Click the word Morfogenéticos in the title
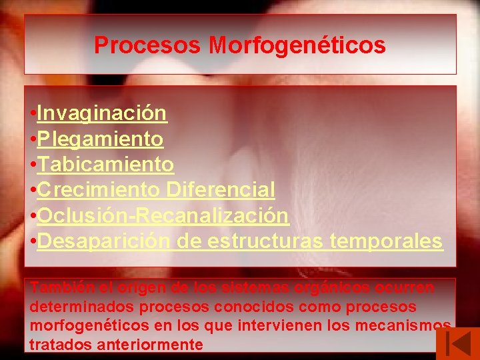point(297,45)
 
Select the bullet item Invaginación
point(102,113)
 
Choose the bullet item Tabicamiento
point(105,165)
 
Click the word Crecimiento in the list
point(98,190)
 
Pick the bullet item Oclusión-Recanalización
point(163,216)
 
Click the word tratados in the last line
point(54,345)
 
